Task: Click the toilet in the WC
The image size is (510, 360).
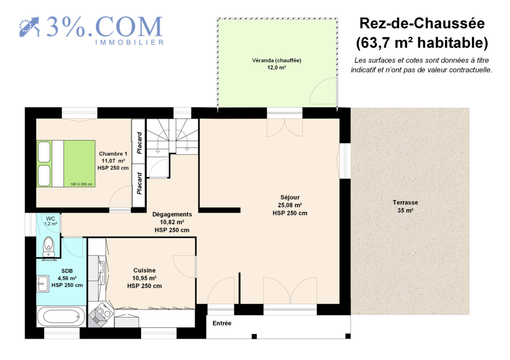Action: point(49,248)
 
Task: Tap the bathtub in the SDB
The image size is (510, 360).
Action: point(61,316)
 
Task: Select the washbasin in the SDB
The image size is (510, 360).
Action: point(43,284)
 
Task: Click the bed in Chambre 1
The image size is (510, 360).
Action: point(66,163)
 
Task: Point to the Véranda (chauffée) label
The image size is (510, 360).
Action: point(276,60)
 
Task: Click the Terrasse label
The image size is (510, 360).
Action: point(405,202)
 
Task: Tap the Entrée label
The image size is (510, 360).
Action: point(222,323)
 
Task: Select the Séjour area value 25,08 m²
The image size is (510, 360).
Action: point(290,205)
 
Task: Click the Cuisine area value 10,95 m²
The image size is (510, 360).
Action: point(145,278)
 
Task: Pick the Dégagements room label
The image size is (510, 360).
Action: point(172,214)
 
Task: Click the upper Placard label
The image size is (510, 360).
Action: point(139,143)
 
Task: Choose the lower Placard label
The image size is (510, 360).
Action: point(139,184)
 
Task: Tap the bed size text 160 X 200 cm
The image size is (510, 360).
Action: point(81,184)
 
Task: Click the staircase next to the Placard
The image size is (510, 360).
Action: point(172,137)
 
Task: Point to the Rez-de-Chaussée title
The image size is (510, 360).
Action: point(422,23)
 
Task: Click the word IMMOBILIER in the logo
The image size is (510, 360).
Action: point(130,42)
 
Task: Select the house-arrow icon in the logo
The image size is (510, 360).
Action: point(29,27)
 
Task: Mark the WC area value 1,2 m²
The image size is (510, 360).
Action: point(51,224)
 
